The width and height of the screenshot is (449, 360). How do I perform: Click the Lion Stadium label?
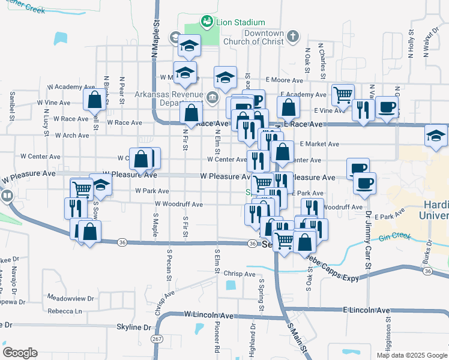pos(240,22)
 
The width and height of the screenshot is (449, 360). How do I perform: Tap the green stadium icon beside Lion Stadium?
pos(207,22)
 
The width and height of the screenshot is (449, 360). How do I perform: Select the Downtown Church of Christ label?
pos(255,37)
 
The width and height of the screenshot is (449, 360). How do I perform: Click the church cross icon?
pos(292,37)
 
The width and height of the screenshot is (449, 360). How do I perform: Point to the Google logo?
pos(20,353)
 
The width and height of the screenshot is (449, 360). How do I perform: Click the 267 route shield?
pos(156,339)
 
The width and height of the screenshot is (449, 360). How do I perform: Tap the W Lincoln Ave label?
pos(208,314)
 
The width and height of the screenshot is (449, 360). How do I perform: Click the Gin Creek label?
pos(395,236)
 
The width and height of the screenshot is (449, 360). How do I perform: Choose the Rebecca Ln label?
pos(65,311)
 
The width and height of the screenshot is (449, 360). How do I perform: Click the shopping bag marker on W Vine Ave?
pos(95,100)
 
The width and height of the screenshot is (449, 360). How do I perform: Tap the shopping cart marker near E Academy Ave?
pos(342,94)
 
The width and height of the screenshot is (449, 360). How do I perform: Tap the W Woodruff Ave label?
pos(178,205)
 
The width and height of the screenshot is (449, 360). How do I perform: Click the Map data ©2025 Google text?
pos(411,355)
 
